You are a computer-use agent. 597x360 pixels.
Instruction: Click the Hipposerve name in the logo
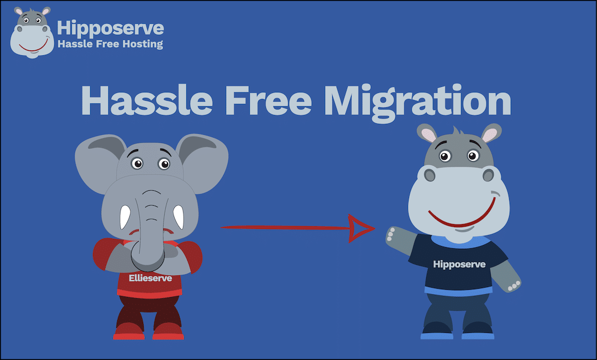111,28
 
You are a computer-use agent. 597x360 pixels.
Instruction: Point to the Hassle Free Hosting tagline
111,44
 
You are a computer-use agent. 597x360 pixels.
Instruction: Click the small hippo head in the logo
32,33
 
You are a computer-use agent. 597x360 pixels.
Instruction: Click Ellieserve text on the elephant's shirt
150,279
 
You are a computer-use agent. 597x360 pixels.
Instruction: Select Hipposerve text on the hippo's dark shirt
459,264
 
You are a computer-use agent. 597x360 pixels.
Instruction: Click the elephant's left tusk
125,217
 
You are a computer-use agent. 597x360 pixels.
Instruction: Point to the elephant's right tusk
179,217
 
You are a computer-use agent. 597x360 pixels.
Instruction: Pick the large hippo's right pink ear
490,134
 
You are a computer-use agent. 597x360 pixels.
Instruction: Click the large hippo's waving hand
394,236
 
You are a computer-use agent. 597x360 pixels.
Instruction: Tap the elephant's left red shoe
129,331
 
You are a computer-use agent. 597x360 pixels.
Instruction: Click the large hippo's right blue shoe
478,331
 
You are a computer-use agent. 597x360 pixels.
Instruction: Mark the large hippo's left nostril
430,175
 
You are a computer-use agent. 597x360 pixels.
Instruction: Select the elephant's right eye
164,164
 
